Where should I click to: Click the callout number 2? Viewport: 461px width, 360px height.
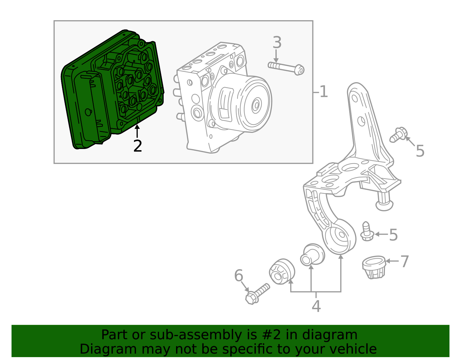(137, 146)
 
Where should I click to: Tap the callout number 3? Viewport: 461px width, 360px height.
(277, 42)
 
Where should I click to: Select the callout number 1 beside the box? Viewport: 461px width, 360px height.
(323, 92)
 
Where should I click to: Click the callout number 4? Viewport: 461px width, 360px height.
(316, 306)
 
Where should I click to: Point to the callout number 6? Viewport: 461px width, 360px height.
(239, 276)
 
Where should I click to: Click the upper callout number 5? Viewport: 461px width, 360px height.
(420, 151)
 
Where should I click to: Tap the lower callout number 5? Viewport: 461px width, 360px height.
(393, 235)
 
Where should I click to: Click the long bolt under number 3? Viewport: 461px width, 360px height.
(286, 68)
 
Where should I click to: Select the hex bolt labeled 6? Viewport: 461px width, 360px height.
(257, 294)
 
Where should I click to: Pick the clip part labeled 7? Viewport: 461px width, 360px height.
(374, 267)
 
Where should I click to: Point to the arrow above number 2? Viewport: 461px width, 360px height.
(137, 131)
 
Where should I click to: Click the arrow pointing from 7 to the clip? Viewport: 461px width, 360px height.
(392, 261)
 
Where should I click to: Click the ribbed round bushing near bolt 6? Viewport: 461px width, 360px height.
(282, 272)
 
